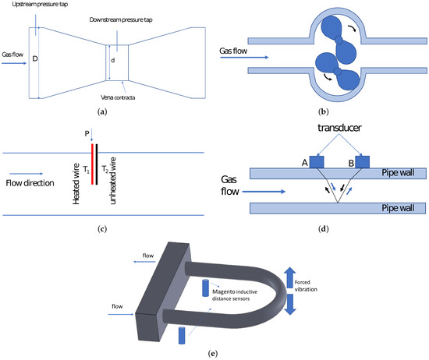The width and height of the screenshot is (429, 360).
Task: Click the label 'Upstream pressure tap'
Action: coord(40,5)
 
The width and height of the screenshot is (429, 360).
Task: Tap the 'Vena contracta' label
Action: coord(118,97)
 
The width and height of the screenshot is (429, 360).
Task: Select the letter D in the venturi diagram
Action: coord(35,58)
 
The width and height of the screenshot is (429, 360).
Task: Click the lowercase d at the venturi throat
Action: coord(113,60)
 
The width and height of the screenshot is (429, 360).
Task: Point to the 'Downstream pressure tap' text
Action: coord(121,19)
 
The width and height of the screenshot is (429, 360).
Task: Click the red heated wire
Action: coord(93,164)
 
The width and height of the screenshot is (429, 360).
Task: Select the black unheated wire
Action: coord(97,164)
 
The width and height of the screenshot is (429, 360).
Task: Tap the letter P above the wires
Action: coord(87,133)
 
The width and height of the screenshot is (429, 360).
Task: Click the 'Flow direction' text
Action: coord(30,183)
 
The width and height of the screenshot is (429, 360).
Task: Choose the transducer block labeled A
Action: coord(317,162)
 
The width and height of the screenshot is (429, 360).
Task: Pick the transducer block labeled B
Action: coord(362,162)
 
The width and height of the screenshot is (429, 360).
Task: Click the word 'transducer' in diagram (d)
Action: coord(339,127)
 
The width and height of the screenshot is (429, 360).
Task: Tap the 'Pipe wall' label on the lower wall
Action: coord(398,208)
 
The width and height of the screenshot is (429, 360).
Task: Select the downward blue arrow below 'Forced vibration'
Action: coord(290,304)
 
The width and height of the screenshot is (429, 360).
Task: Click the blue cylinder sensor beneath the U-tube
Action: coord(182,335)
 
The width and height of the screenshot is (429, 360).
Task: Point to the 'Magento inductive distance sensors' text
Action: coord(235,295)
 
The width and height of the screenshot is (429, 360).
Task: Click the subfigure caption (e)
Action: coord(213,354)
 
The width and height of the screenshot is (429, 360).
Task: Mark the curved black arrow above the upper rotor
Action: coord(352,28)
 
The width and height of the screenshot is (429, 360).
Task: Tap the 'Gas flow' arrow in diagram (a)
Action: coord(14,63)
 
